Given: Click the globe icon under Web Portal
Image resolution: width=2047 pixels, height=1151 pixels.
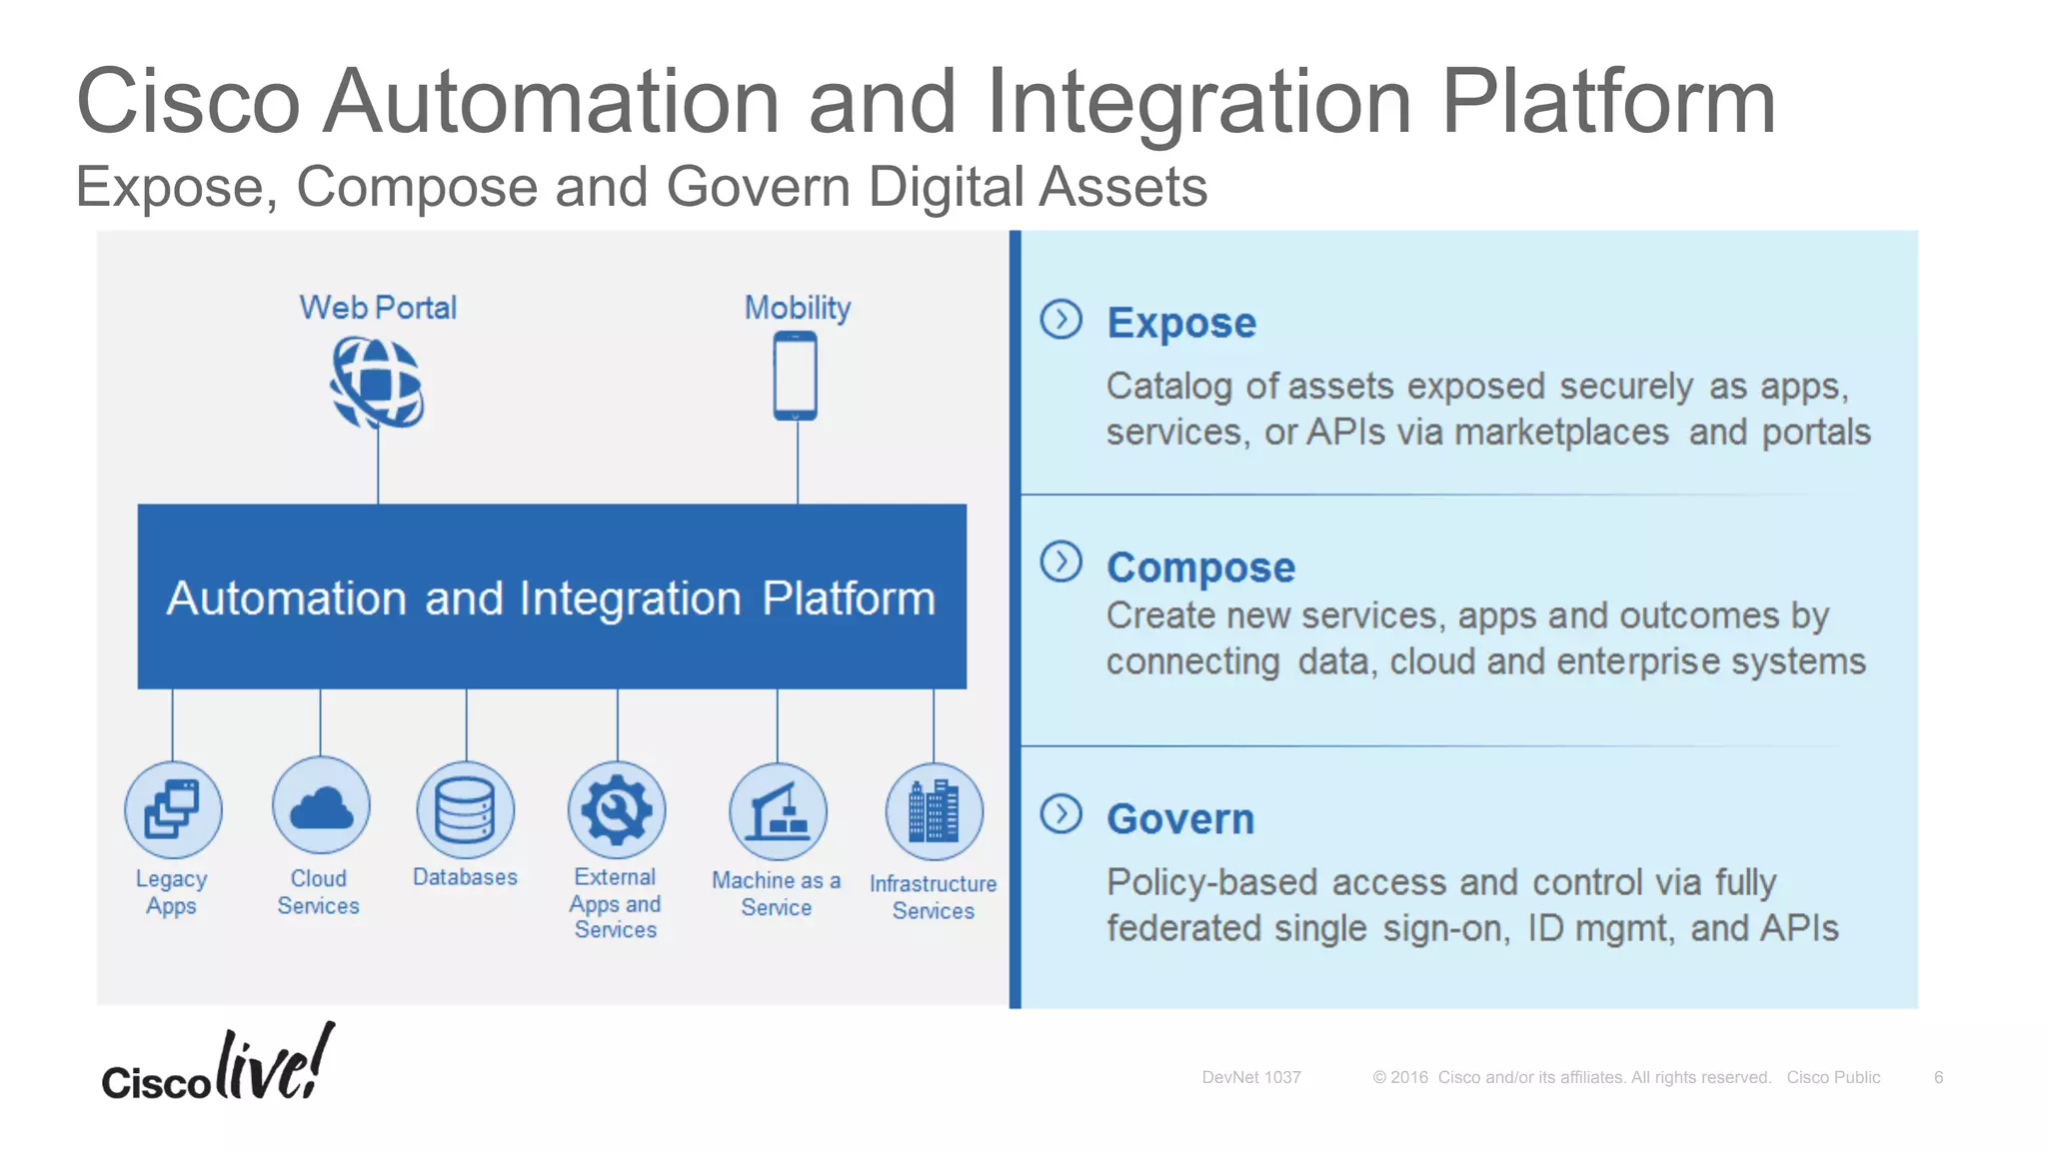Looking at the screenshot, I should point(377,383).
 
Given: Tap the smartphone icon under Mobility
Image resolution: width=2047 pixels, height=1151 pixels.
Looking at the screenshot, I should point(796,376).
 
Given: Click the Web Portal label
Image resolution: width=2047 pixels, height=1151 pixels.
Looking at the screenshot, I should point(378,308).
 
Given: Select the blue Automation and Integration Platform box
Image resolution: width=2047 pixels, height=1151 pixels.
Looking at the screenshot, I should point(552,596).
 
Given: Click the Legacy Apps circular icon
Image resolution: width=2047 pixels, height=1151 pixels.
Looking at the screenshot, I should point(173,809).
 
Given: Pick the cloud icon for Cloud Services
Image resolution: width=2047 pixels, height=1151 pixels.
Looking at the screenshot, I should point(321,806).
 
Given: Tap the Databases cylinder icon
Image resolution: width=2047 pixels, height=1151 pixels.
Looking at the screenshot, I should point(466,809).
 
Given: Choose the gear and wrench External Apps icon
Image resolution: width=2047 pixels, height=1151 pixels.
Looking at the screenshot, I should point(617,809).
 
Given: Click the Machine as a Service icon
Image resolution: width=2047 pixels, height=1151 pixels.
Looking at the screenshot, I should point(778,811).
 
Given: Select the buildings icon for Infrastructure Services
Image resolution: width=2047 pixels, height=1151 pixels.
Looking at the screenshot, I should point(934,811).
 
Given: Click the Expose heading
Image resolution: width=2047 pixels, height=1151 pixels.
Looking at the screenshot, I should point(1181,323).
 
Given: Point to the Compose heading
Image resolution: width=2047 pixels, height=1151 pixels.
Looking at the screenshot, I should point(1200,568).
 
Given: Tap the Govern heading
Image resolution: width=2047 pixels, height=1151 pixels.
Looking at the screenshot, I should point(1180,819).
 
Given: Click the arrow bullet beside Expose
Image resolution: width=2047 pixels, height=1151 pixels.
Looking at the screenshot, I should point(1060,320).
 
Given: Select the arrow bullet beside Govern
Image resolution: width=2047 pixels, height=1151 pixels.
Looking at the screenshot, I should point(1060,814).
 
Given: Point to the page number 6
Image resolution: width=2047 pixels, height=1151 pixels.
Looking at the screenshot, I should point(1938,1077).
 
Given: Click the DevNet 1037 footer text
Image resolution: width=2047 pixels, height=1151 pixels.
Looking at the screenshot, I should point(1250,1077).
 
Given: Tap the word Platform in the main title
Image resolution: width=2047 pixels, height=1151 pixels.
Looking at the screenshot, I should point(1607,102).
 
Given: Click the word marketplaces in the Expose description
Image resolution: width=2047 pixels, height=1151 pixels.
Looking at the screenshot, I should point(1561,433).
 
